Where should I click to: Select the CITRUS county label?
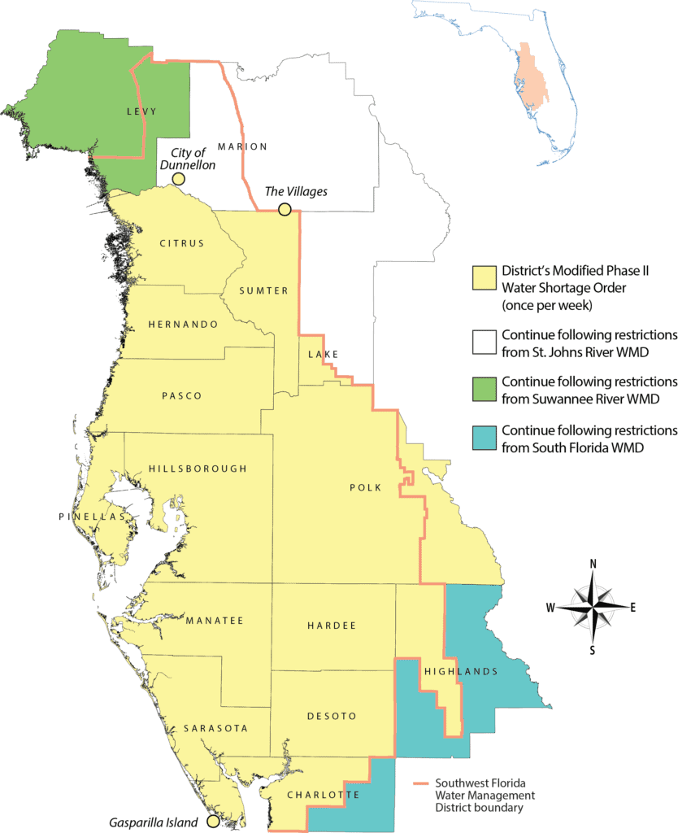182,243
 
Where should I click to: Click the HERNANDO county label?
183,324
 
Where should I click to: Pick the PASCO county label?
182,396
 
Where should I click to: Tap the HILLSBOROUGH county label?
198,469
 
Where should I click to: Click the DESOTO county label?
332,716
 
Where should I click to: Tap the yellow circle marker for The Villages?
285,210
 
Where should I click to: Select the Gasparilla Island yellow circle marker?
212,822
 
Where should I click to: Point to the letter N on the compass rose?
593,564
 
